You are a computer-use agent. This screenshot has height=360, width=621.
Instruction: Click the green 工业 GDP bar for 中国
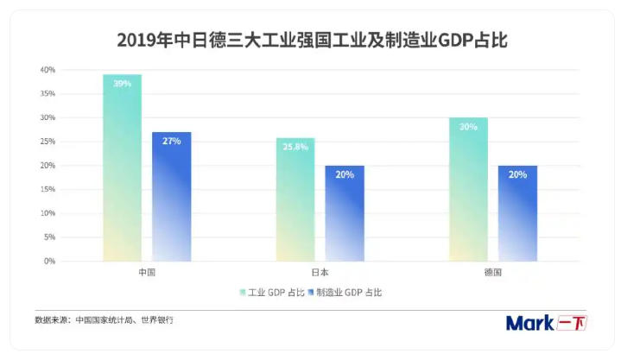pos(122,173)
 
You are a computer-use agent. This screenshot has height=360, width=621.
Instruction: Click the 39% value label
pos(122,83)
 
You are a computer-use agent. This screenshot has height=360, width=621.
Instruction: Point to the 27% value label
pos(172,140)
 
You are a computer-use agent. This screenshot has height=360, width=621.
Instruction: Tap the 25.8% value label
pos(295,146)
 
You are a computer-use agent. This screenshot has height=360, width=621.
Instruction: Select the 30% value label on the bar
pos(468,126)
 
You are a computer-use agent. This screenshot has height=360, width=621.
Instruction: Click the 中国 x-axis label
pos(147,272)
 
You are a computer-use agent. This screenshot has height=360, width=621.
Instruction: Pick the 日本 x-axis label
pos(320,272)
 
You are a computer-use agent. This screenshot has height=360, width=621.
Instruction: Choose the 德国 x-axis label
pos(493,272)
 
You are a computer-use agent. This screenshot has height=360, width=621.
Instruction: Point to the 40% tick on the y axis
pos(48,69)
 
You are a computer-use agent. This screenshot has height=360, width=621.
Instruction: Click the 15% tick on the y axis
pos(48,189)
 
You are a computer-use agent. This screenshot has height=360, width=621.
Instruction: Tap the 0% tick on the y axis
pos(50,261)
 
